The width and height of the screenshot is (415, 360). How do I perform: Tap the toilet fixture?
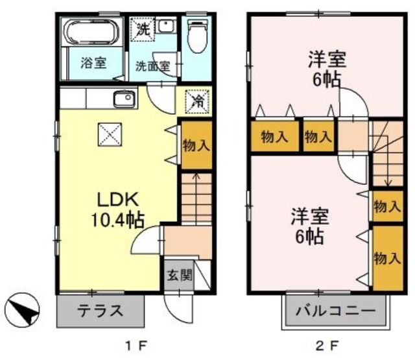pyautogui.click(x=196, y=36)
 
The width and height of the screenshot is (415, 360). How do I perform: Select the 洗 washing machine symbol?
pyautogui.click(x=143, y=29)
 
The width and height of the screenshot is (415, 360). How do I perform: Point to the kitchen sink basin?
pyautogui.click(x=123, y=100)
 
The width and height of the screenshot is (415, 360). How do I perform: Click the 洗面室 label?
pyautogui.click(x=152, y=66)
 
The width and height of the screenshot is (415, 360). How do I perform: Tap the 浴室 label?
pyautogui.click(x=93, y=64)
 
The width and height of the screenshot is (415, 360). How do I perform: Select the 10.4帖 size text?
pyautogui.click(x=117, y=219)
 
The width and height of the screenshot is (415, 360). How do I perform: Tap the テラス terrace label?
pyautogui.click(x=101, y=310)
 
